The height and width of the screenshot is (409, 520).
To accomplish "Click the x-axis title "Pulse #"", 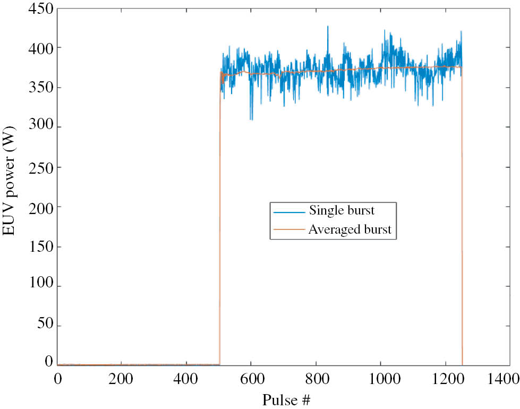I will point(286,399).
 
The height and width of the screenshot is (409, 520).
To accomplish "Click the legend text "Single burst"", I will point(342,210).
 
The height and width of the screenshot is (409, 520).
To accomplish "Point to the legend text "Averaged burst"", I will point(349,229).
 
